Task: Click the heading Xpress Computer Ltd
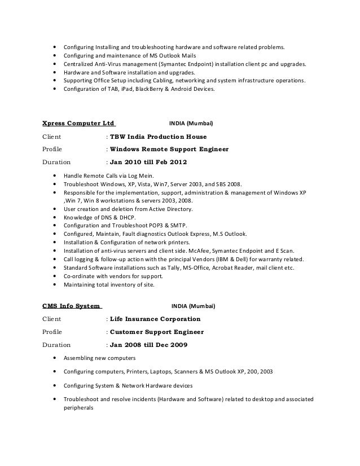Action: point(78,122)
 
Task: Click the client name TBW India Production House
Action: point(158,137)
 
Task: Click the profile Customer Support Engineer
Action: point(157,332)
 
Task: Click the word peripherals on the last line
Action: point(78,408)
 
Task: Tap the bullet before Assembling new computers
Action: point(54,358)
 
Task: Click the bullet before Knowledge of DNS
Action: point(54,217)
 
